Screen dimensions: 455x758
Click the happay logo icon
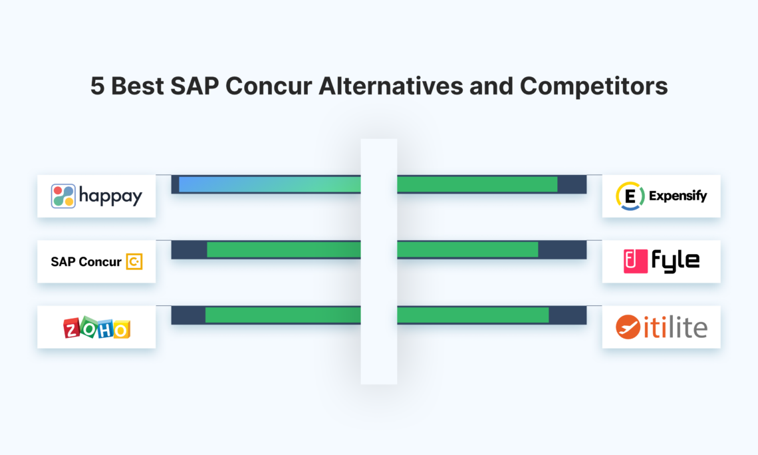point(63,196)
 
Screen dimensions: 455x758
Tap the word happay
point(110,196)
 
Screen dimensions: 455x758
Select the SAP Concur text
point(86,262)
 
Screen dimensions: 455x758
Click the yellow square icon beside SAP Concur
point(134,262)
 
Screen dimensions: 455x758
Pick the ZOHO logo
point(96,327)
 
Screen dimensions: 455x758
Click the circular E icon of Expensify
point(629,196)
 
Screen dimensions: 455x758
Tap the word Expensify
point(678,196)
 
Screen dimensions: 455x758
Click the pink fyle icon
point(636,261)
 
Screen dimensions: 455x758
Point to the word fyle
point(676,261)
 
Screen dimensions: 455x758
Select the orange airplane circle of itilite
point(628,327)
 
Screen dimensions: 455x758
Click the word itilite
point(675,327)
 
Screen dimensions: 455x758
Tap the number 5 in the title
point(98,86)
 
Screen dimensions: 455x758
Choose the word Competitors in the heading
point(594,86)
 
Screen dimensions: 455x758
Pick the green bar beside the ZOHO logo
point(283,315)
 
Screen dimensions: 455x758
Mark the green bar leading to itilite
point(473,315)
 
